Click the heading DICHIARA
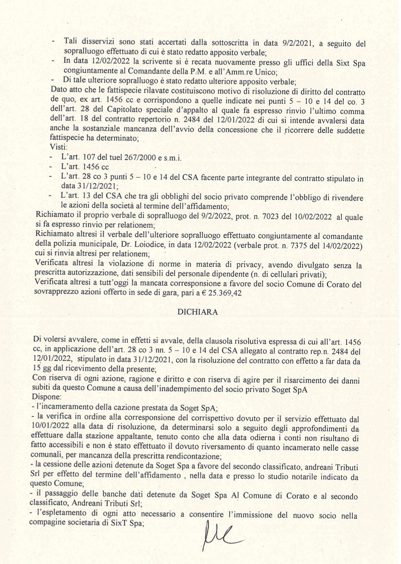click(198, 312)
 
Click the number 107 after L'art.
click(90, 158)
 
